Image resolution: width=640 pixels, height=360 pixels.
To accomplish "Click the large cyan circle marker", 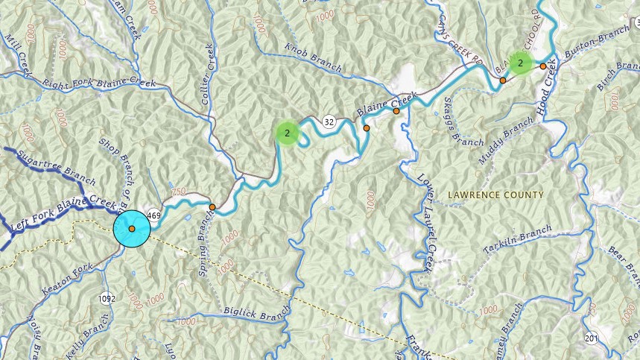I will coord(132,228).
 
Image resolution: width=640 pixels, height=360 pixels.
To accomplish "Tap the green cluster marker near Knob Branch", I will coord(287,133).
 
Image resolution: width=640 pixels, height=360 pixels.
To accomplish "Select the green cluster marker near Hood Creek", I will coord(520,63).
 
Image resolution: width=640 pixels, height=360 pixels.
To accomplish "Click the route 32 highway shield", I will coord(329,121).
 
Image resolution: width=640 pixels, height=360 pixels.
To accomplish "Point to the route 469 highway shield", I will coord(154,215).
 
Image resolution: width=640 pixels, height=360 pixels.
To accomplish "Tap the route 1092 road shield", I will coord(107,298).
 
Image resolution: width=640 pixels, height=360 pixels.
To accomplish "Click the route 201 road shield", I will coord(591,338).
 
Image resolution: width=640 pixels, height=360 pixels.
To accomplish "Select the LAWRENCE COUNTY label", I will coord(495,195).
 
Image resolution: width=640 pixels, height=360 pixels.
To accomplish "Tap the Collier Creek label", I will coord(210,68).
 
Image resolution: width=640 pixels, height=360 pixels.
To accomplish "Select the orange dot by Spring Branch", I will coord(212,207).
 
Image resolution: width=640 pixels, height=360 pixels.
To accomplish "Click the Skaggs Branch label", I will coord(454,120).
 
